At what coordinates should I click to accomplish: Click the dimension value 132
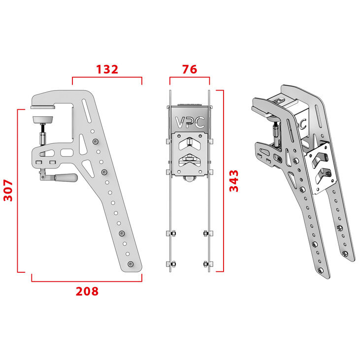[x=107, y=69]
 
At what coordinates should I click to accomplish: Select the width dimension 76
[x=190, y=69]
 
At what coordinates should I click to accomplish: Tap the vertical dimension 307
[x=8, y=190]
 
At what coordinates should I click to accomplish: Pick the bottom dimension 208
[x=87, y=291]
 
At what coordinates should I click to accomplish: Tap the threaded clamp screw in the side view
[x=43, y=133]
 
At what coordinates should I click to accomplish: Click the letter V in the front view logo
[x=181, y=122]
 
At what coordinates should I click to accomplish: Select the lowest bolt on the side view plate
[x=130, y=264]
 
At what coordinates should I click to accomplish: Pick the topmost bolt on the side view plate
[x=95, y=142]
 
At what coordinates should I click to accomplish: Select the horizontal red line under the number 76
[x=190, y=77]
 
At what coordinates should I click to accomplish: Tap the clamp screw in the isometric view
[x=275, y=131]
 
